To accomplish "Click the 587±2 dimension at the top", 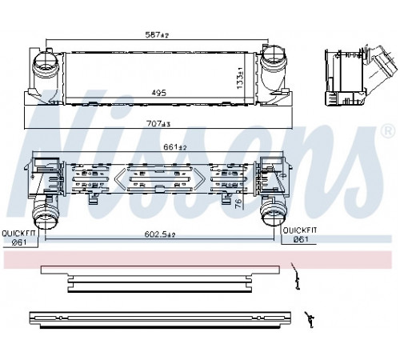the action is point(157,34).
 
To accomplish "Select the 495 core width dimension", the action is point(159,93).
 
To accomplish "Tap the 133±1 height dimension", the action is point(240,78).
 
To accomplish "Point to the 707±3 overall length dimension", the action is point(158,124).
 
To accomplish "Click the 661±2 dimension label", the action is point(175,147).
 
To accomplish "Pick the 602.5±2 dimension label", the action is point(160,234).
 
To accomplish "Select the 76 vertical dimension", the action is point(238,203).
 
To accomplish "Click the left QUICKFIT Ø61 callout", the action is point(18,238).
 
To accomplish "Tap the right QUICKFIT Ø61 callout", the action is point(300,234).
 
